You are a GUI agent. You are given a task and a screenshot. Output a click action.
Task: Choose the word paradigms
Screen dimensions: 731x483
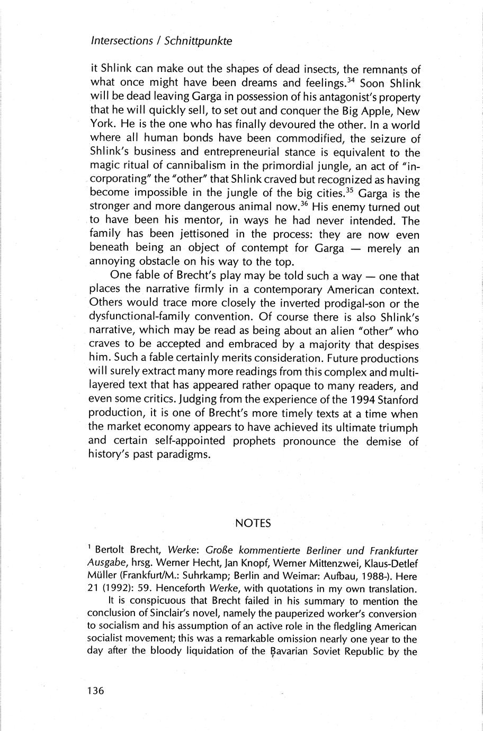coord(173,454)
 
